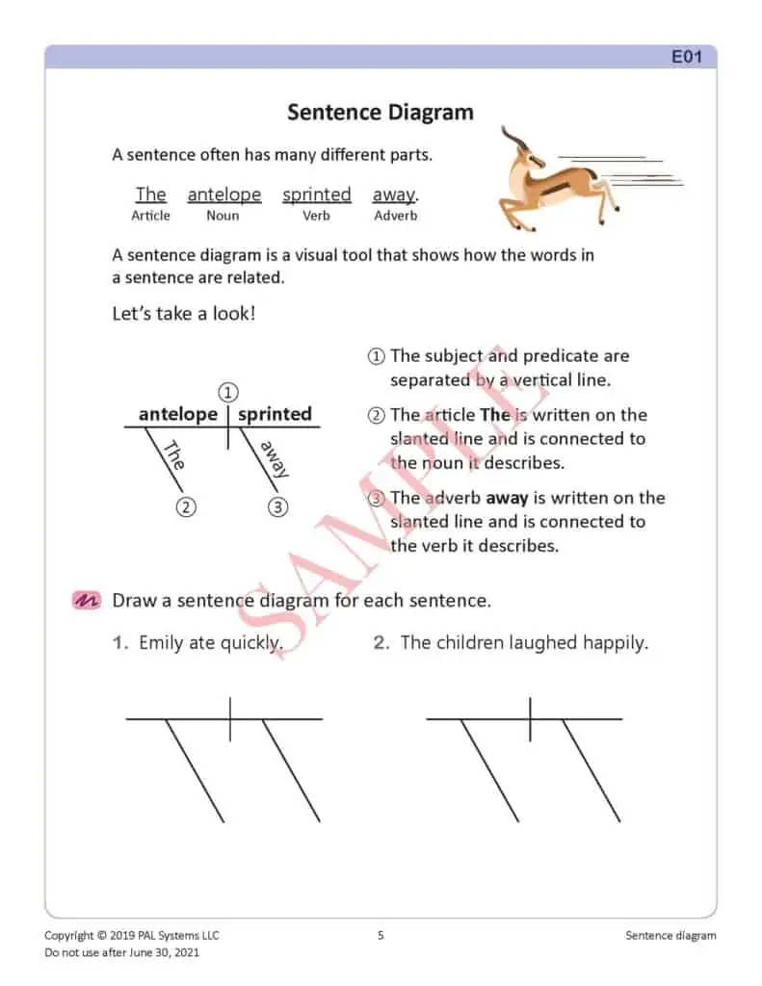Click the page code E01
(x=687, y=57)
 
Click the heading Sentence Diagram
(x=381, y=113)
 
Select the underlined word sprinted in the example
(x=316, y=195)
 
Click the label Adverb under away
(x=395, y=216)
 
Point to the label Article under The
(x=150, y=216)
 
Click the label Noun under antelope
(x=223, y=216)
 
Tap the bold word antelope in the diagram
(x=178, y=414)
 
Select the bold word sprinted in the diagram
(x=275, y=414)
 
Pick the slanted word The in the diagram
(x=173, y=454)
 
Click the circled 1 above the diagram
(x=227, y=393)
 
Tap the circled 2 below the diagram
(x=187, y=506)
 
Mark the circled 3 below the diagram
(x=277, y=506)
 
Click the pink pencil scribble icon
(x=87, y=600)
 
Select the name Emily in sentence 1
(x=161, y=642)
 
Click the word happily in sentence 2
(x=615, y=642)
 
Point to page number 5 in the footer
(x=381, y=935)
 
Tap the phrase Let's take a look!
(x=184, y=314)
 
